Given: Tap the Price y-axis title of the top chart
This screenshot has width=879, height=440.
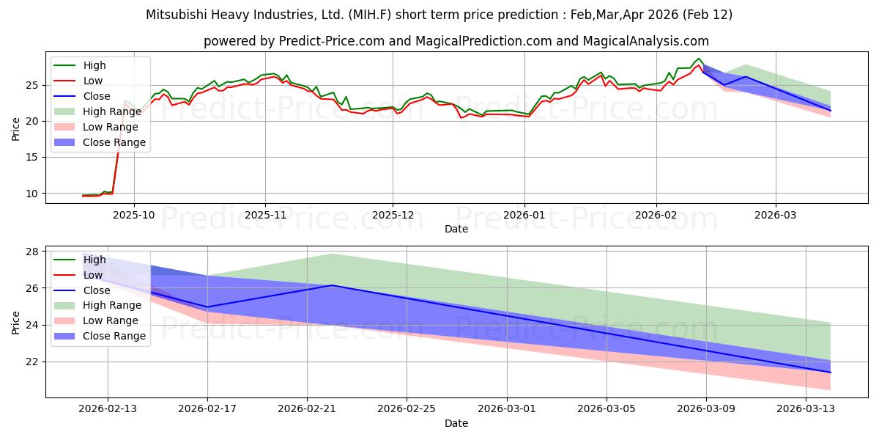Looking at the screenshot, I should tap(16, 128).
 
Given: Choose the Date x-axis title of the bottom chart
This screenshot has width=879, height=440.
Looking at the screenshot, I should tap(456, 423).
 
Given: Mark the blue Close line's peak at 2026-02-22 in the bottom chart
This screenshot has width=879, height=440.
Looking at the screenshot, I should tap(333, 285).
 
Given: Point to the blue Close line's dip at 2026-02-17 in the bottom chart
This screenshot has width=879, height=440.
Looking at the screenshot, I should tap(207, 307).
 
